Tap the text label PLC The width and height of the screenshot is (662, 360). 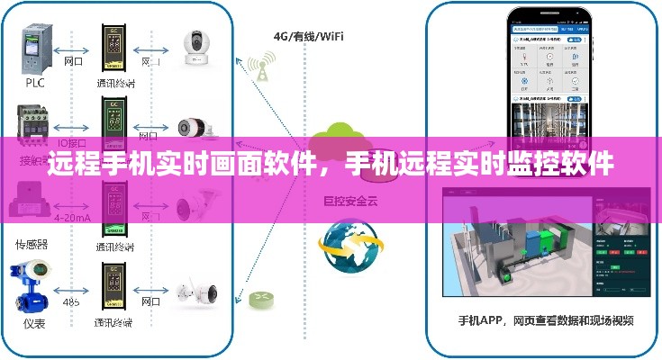[34, 82]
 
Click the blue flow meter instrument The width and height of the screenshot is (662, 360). [31, 283]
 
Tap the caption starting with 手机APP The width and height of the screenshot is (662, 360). [546, 319]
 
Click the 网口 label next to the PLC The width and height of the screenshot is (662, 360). [74, 62]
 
